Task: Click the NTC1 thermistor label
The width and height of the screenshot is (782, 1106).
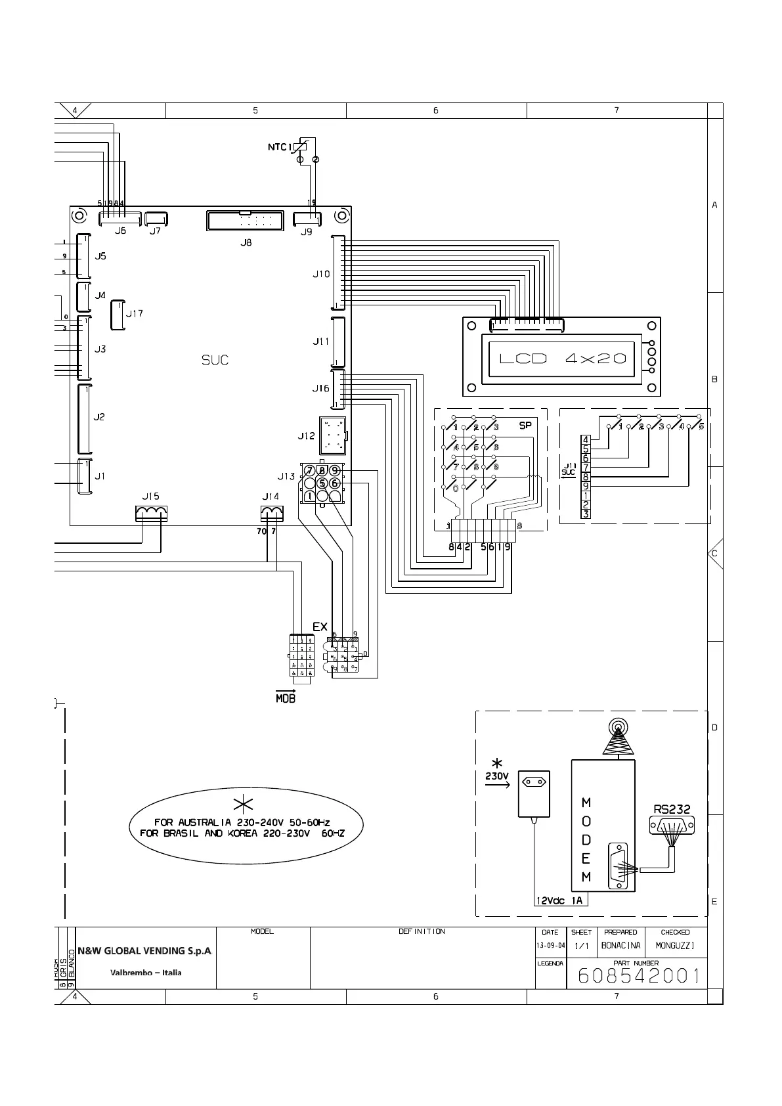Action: pyautogui.click(x=278, y=147)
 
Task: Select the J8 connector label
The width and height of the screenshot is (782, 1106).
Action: pyautogui.click(x=246, y=242)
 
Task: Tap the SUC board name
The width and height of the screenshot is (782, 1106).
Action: pyautogui.click(x=215, y=360)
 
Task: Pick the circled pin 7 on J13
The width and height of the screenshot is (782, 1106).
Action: pyautogui.click(x=309, y=470)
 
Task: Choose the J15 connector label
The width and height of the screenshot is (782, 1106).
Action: pyautogui.click(x=151, y=497)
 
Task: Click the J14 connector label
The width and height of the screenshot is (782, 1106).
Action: pyautogui.click(x=271, y=497)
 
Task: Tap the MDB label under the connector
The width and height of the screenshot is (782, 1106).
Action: pyautogui.click(x=286, y=699)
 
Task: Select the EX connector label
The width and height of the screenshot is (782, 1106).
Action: pyautogui.click(x=320, y=627)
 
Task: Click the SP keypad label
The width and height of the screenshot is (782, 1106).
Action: pyautogui.click(x=525, y=426)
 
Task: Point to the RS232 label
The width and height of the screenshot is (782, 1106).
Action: pyautogui.click(x=672, y=809)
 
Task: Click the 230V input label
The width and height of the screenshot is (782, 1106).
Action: pyautogui.click(x=497, y=776)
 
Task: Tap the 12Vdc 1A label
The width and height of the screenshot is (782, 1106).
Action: pyautogui.click(x=559, y=900)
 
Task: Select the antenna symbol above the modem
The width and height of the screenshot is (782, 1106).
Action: pyautogui.click(x=617, y=739)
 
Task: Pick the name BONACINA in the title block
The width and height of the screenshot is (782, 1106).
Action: pyautogui.click(x=620, y=946)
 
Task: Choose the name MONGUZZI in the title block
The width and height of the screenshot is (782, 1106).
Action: pyautogui.click(x=675, y=946)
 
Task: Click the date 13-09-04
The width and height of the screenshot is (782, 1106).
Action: pyautogui.click(x=550, y=946)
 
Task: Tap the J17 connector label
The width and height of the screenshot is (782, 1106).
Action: pyautogui.click(x=135, y=313)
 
